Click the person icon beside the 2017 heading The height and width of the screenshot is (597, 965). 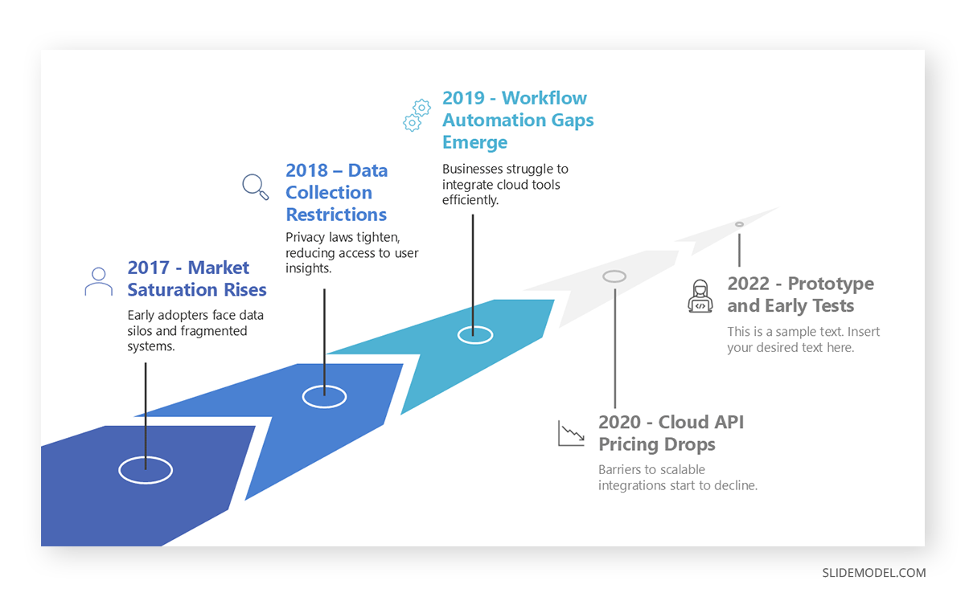pos(98,282)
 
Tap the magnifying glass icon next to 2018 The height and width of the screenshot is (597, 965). pos(256,186)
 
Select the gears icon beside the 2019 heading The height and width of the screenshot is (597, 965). pos(417,115)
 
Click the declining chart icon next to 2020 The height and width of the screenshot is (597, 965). pos(571,433)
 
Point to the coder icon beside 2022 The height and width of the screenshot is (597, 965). pos(700,296)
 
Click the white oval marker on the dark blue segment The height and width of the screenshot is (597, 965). pos(146,470)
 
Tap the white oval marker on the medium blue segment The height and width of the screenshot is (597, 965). pos(324,396)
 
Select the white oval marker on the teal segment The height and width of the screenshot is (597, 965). pos(474,334)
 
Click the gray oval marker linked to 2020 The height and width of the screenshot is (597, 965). pos(614,276)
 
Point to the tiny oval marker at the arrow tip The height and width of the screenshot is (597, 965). pos(739,224)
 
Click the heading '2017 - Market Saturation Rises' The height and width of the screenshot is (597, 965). pos(196,279)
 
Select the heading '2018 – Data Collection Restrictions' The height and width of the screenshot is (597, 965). pos(336,193)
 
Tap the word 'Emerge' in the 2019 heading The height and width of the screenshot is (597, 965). pos(474,143)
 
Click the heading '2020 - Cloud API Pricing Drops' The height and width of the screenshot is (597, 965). pos(671,433)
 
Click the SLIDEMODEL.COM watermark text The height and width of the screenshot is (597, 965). pos(873,573)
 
